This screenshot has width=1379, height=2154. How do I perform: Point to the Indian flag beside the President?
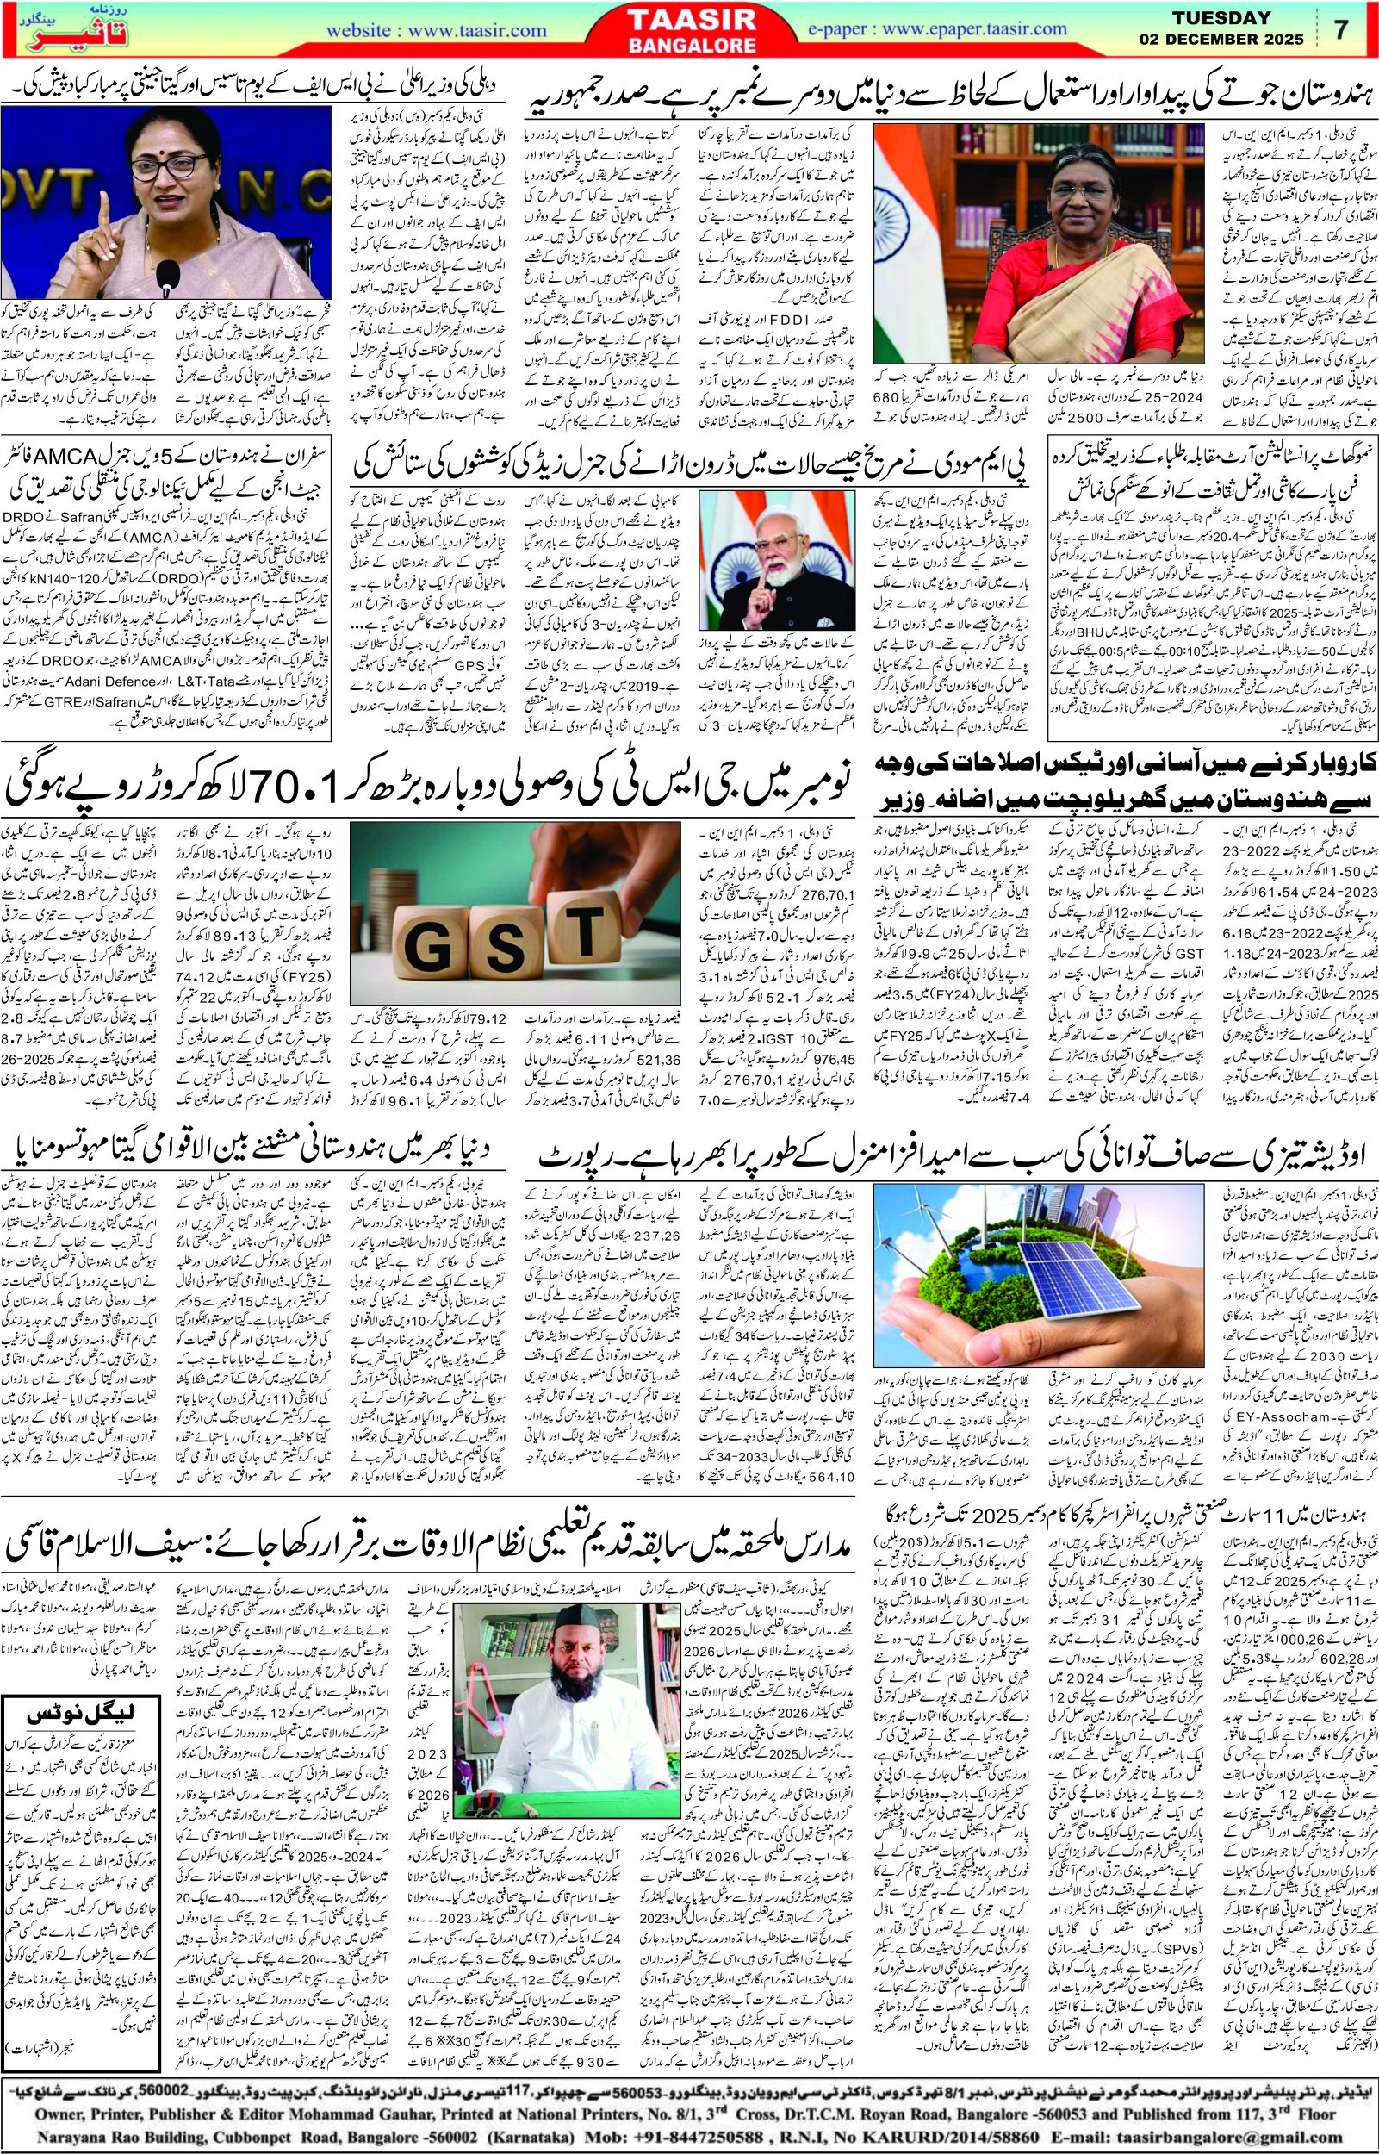pos(902,220)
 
